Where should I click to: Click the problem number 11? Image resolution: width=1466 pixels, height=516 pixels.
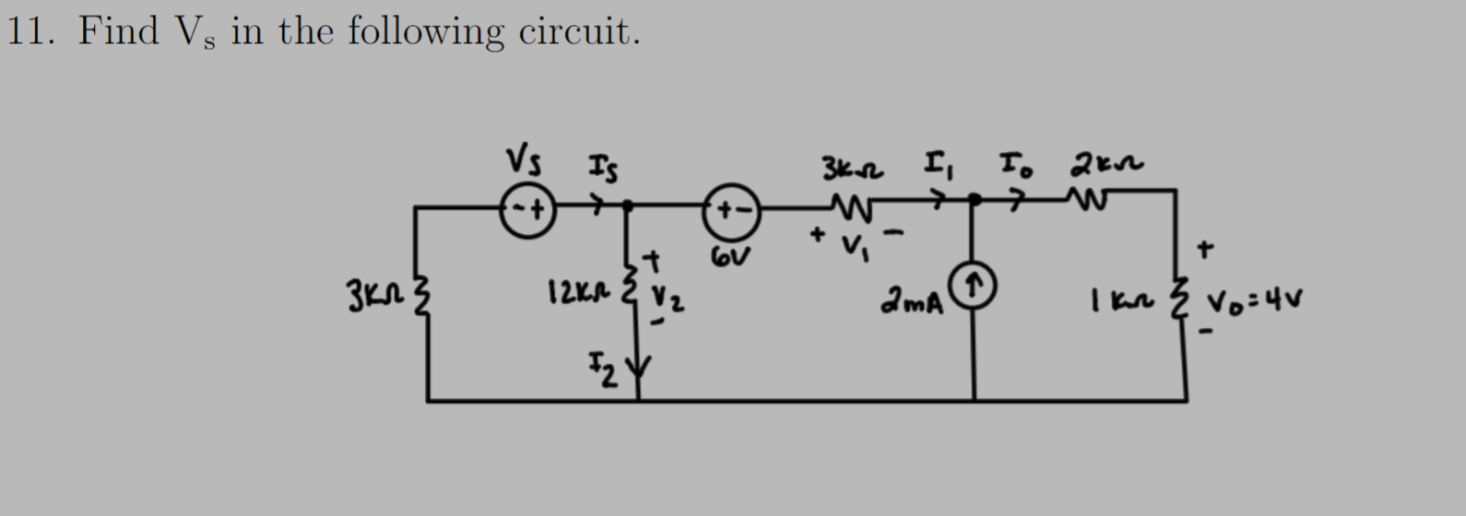(x=31, y=31)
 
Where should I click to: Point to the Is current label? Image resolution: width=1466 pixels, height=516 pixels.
(x=603, y=169)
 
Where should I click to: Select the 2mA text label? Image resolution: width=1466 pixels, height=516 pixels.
(x=913, y=300)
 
